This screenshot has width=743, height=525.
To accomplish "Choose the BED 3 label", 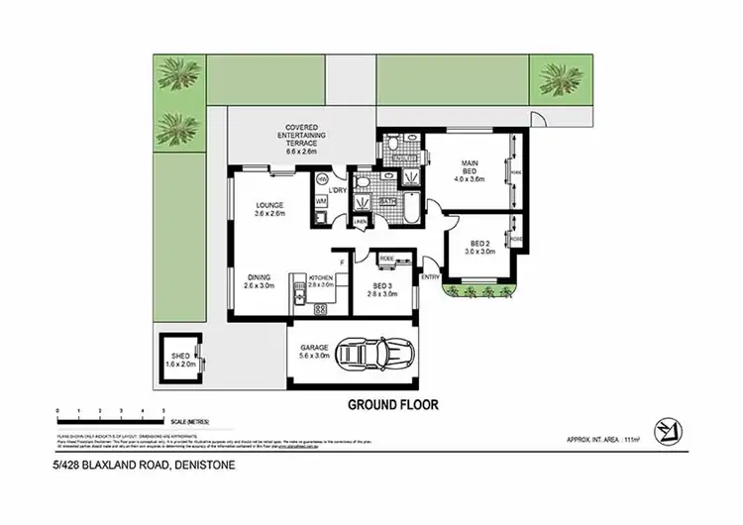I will (x=381, y=288).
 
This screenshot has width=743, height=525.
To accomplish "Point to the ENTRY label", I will (x=431, y=277).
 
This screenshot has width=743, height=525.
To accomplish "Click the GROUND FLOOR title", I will (x=392, y=404).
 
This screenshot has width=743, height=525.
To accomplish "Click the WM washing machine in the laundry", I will (x=321, y=202).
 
